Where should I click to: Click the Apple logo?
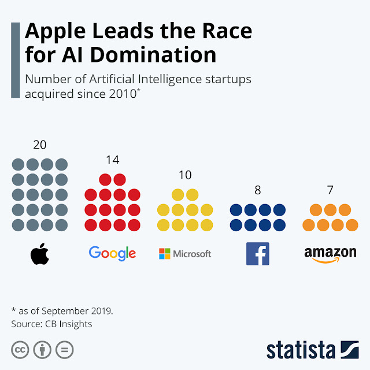point(40,254)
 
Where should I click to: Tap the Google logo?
point(112,253)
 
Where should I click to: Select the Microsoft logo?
point(185,253)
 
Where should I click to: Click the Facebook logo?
point(258,253)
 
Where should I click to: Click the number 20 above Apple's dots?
point(40,145)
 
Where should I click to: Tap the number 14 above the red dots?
point(112,160)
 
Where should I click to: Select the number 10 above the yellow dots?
point(185,175)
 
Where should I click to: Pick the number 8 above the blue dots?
point(258,190)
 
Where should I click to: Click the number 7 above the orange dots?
point(330,190)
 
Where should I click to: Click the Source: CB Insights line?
point(51,324)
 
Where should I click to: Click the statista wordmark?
point(301,350)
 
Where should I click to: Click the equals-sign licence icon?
point(64,350)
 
